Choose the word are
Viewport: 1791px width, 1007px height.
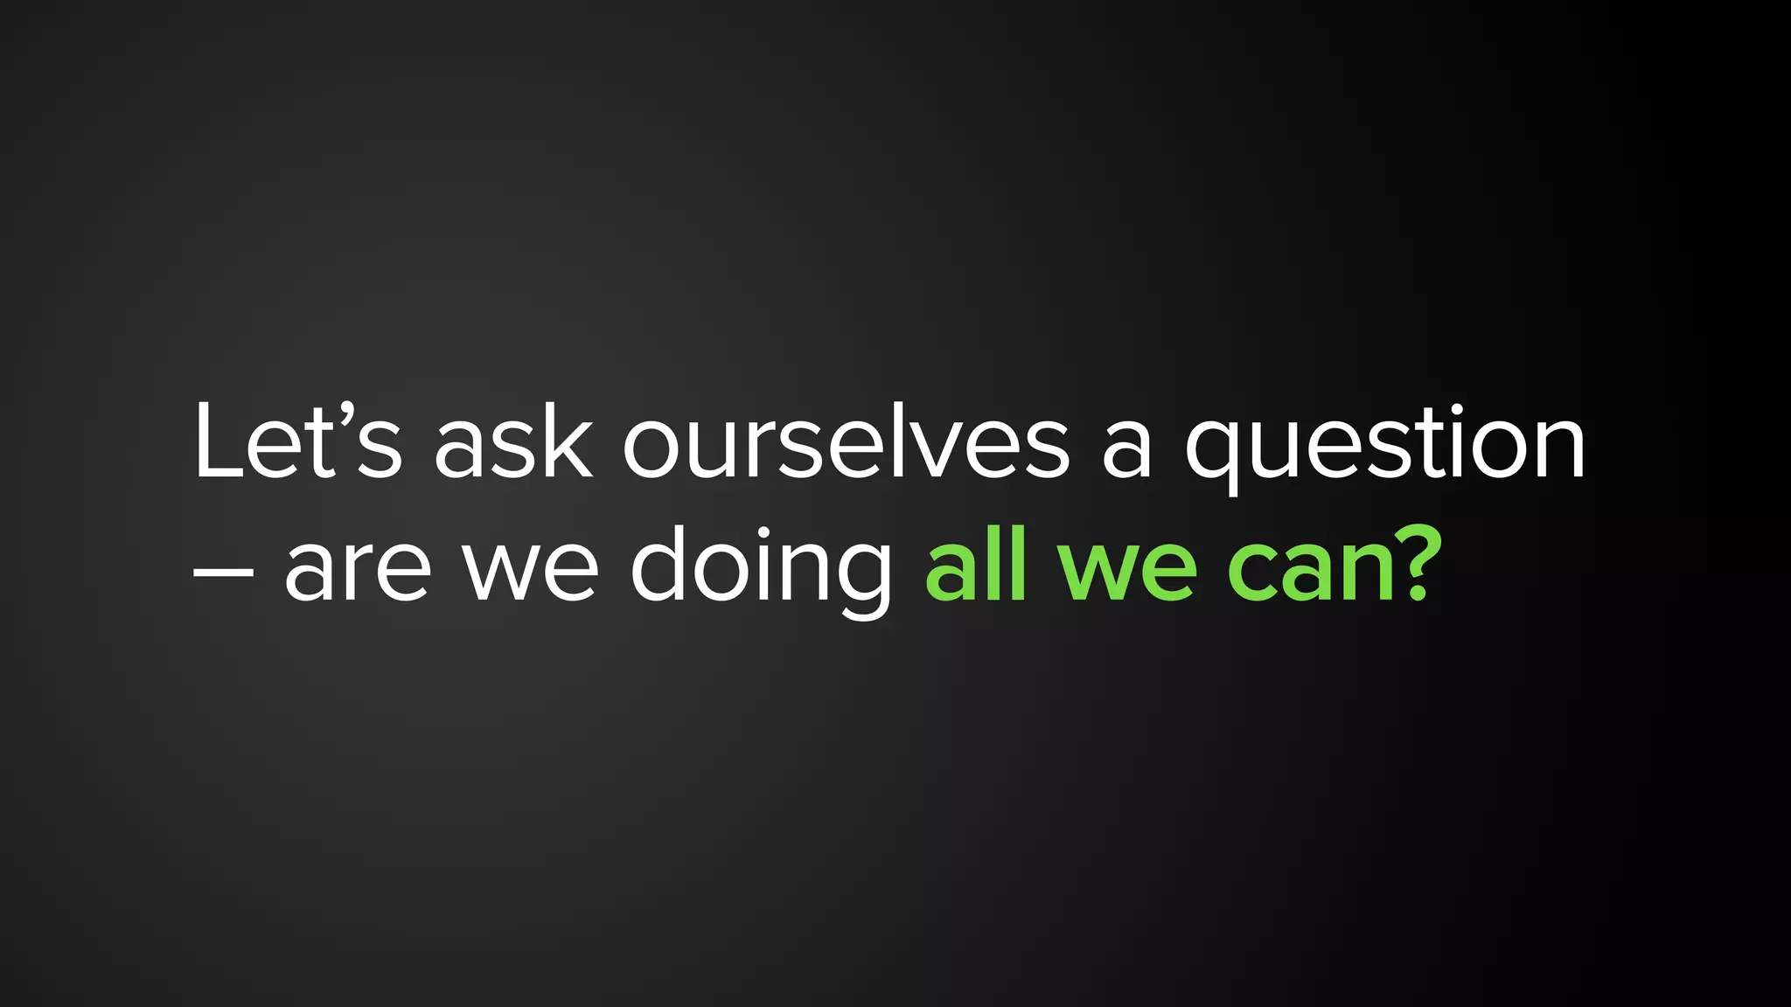click(x=358, y=573)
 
